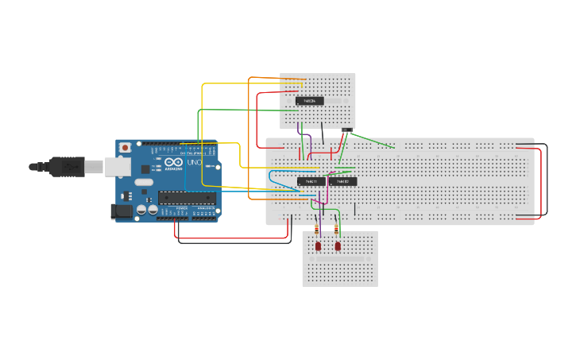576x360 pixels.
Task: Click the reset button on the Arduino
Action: (x=125, y=148)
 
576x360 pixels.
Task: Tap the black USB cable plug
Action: (x=67, y=167)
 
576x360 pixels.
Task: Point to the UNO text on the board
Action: (x=194, y=162)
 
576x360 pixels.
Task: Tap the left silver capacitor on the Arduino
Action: (x=141, y=210)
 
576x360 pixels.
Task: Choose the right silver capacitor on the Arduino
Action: (x=153, y=210)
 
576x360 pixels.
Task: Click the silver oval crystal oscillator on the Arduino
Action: (x=143, y=182)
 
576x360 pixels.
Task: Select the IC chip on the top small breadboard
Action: (x=310, y=101)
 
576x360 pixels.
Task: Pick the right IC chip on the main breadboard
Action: (x=344, y=181)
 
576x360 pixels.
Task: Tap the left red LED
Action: (x=318, y=246)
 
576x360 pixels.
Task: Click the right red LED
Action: (x=338, y=246)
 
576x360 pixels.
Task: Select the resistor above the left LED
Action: (x=318, y=231)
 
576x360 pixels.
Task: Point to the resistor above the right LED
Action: (x=338, y=231)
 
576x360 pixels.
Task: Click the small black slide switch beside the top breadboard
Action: (x=347, y=130)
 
